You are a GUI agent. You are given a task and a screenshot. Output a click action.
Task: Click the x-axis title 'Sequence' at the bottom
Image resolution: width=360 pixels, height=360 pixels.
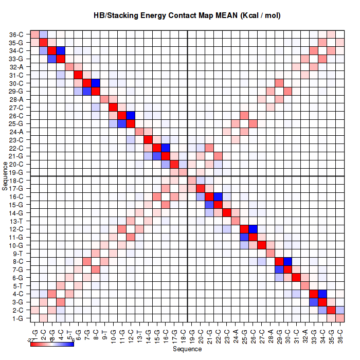(x=187, y=349)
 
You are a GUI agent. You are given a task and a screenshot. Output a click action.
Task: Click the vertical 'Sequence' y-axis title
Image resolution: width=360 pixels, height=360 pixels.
(x=5, y=176)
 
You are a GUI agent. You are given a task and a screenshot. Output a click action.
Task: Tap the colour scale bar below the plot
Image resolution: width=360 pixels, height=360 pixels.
(x=52, y=344)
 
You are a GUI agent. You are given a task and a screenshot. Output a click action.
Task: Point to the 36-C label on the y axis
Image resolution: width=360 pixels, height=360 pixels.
(x=16, y=34)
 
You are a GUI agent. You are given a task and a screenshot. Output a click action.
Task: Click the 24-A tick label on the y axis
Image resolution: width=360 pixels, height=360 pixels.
(x=16, y=132)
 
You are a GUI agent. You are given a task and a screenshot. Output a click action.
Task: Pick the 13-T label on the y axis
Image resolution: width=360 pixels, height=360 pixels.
(x=16, y=221)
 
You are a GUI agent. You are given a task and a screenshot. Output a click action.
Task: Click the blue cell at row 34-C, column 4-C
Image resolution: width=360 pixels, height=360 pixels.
(x=61, y=50)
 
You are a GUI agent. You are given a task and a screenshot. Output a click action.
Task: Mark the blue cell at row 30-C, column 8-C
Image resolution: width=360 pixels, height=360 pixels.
(x=96, y=83)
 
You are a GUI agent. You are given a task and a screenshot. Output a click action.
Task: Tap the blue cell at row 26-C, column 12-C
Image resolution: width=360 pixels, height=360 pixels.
(x=131, y=115)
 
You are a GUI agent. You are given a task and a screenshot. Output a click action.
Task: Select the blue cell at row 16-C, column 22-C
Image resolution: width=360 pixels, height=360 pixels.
(x=218, y=196)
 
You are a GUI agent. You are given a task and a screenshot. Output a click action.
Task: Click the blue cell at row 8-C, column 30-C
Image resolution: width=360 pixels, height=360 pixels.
(x=288, y=261)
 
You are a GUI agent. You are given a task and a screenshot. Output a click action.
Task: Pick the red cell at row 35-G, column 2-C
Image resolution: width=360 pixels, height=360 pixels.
(x=44, y=42)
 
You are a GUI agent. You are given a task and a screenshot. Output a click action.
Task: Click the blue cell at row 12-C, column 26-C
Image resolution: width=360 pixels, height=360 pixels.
(x=253, y=229)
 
